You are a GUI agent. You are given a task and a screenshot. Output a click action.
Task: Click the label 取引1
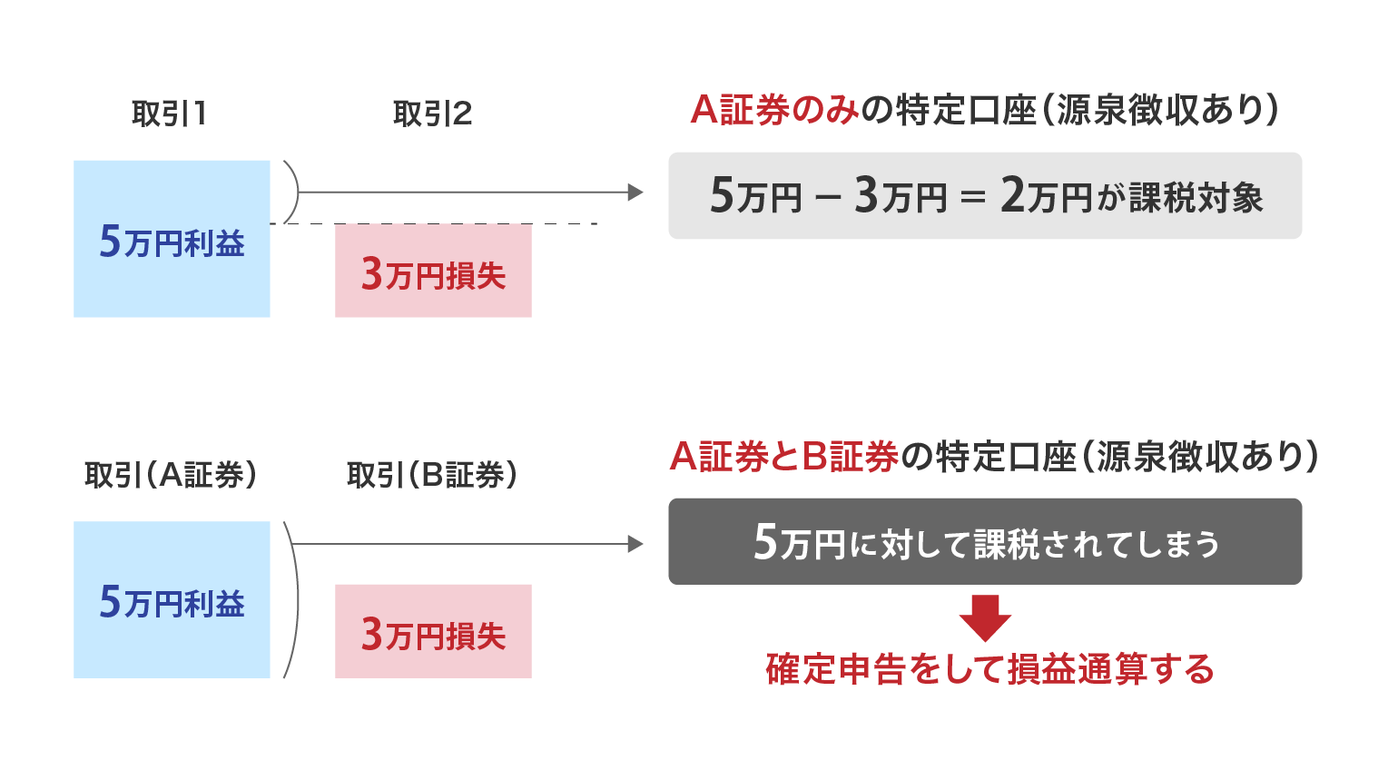tap(169, 114)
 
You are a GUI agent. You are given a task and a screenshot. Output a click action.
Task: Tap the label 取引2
tap(432, 114)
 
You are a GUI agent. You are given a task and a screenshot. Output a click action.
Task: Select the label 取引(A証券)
tap(171, 475)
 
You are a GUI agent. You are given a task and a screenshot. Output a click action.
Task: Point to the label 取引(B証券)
tap(432, 475)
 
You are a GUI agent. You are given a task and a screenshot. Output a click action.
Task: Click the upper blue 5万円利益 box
tap(172, 239)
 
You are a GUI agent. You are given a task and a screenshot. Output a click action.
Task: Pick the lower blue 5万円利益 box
tap(172, 599)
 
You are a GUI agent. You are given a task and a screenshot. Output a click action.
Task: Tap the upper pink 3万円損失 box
tap(433, 271)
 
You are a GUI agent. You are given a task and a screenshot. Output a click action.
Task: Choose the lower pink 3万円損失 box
tap(433, 631)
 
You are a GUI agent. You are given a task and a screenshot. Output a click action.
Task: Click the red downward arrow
tap(985, 618)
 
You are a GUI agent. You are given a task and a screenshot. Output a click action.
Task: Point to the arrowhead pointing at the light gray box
tap(635, 193)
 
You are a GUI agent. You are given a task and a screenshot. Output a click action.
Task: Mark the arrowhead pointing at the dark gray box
tap(635, 544)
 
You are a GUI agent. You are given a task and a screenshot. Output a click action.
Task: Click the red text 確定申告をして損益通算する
tap(989, 669)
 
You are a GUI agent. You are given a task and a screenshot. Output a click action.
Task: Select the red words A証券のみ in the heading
tap(774, 110)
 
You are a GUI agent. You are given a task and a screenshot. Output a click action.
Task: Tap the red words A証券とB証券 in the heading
tap(784, 456)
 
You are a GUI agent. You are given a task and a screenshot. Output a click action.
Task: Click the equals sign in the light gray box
tap(973, 198)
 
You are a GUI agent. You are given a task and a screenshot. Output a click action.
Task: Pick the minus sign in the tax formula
tap(828, 198)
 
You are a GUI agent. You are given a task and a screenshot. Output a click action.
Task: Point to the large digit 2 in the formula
tap(1012, 195)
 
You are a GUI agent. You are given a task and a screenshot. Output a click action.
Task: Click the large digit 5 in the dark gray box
tap(765, 541)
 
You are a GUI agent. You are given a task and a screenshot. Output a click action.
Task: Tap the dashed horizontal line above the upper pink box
tap(434, 223)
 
